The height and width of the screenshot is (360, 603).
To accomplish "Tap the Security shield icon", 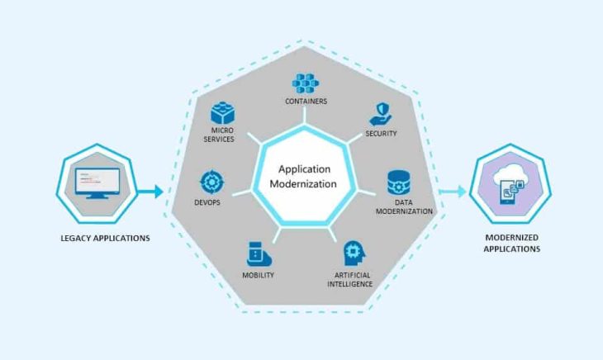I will pos(381,114).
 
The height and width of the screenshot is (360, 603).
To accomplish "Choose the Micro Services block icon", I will pos(223,113).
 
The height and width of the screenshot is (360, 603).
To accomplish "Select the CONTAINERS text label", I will pos(306,102).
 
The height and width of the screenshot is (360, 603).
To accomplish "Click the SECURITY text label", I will pos(381,133).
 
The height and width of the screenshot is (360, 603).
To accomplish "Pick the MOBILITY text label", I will pos(258,275).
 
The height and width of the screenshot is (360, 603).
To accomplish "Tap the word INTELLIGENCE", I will pos(351,284).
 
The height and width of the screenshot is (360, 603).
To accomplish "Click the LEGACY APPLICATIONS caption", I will pos(106,239).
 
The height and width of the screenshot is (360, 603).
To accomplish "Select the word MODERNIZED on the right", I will pos(512,238).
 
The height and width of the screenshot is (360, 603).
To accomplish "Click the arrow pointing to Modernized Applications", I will pos(452,192).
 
